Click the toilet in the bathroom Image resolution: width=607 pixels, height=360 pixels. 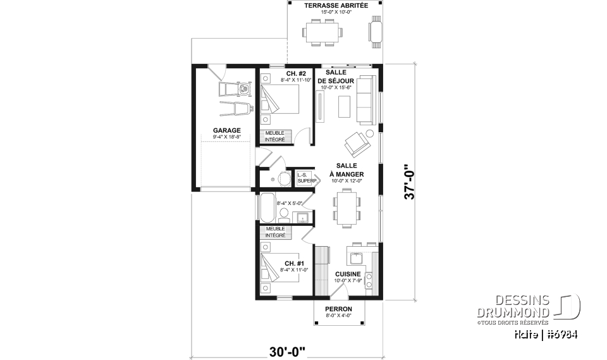tap(283, 214)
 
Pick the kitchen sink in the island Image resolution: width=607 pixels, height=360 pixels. tap(355, 258)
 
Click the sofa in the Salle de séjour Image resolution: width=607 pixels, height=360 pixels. tap(365, 99)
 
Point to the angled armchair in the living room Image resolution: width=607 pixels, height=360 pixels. tap(357, 143)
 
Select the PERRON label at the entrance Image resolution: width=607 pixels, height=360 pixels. tap(338, 309)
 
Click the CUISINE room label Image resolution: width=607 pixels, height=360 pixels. tap(347, 274)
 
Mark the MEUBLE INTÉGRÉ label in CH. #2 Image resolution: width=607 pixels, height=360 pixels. tap(274, 136)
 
